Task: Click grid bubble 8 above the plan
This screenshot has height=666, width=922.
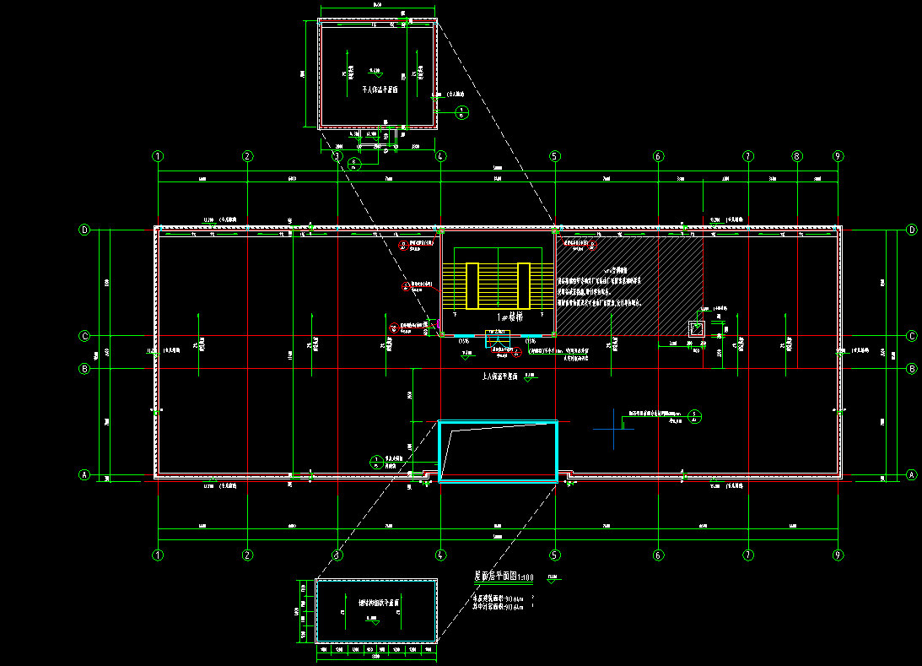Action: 797,156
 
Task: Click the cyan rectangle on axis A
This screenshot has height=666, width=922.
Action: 498,451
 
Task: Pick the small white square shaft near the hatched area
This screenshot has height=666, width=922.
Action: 698,328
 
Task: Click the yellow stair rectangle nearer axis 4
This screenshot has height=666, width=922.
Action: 472,285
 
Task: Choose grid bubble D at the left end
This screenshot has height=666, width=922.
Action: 84,230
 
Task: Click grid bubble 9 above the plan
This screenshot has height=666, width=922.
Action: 837,156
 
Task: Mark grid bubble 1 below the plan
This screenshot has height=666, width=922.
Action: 158,555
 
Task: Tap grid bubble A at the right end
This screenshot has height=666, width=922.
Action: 911,474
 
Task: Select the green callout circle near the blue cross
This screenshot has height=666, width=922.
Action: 693,414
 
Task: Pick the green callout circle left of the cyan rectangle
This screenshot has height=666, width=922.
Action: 376,461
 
